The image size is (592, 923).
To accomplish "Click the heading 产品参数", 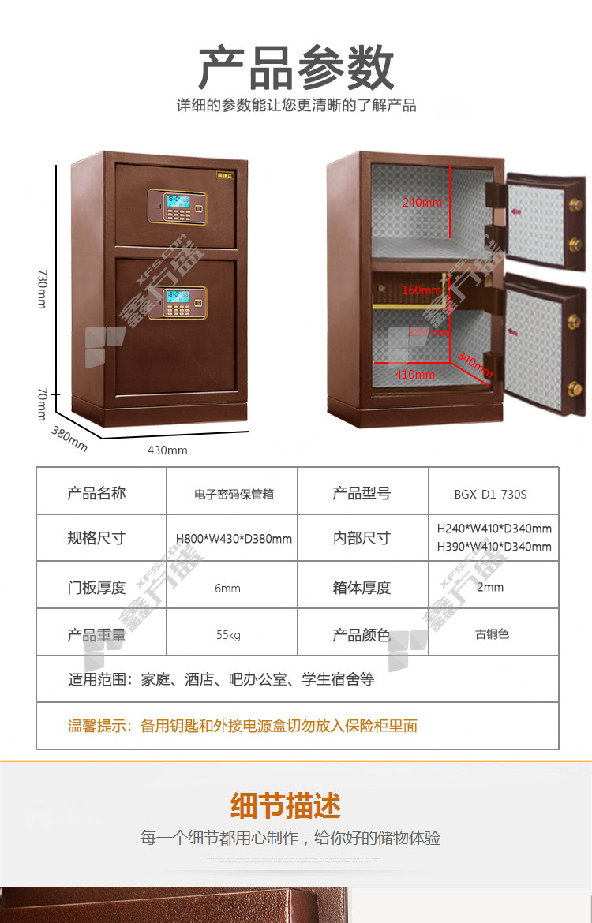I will tap(296, 68).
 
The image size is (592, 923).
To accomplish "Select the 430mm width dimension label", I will tap(167, 450).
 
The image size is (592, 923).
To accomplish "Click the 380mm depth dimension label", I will tap(69, 439).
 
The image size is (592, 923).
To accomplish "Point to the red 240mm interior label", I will tap(422, 203).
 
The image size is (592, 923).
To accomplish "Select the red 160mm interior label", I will tap(422, 290).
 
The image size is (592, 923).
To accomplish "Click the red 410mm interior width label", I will tap(414, 374).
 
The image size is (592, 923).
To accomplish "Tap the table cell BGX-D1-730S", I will tap(490, 495).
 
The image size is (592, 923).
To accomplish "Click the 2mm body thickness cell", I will tap(490, 588).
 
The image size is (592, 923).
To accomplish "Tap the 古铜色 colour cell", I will tap(492, 634).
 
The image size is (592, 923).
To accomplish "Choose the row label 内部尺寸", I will tap(362, 539).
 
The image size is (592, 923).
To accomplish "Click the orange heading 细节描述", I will tap(286, 806).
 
